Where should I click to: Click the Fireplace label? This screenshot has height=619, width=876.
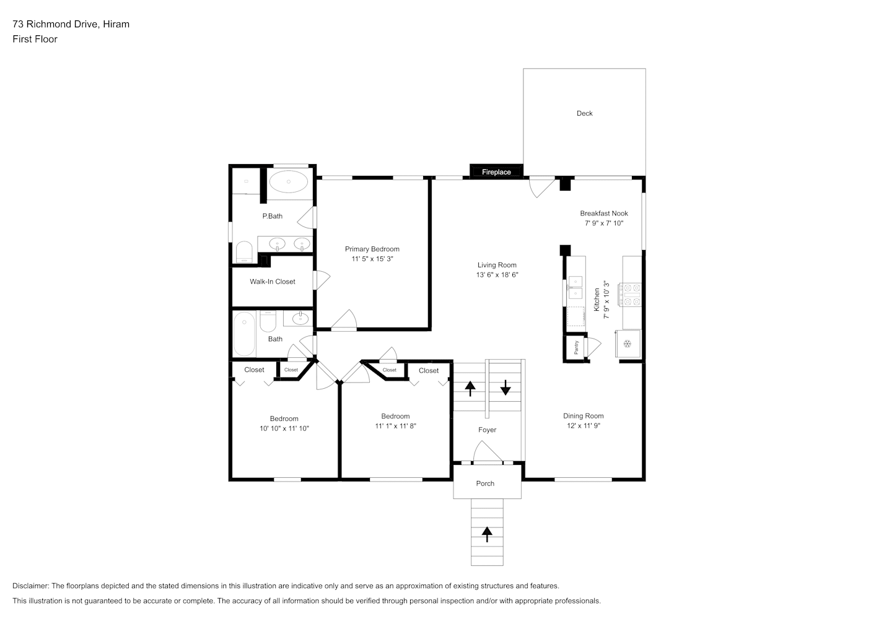496,172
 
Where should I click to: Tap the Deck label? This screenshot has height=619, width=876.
585,113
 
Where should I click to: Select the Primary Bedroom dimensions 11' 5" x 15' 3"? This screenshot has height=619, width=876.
372,259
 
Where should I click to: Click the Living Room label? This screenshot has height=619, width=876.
497,265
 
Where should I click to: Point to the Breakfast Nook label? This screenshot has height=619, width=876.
604,214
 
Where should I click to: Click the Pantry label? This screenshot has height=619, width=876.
576,347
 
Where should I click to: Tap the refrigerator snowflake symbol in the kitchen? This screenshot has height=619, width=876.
628,344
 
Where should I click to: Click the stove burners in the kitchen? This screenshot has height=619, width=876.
629,295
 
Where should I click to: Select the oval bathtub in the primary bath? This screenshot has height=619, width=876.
289,181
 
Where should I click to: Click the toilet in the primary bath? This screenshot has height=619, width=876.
244,252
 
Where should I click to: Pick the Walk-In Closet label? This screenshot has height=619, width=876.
273,282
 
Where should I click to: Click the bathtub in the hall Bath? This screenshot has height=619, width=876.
244,334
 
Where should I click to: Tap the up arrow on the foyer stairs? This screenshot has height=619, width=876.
470,389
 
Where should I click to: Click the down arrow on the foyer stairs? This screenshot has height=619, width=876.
506,387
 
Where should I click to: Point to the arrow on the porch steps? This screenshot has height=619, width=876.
487,535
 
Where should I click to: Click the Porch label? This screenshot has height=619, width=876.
485,483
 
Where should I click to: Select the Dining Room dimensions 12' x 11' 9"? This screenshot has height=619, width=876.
584,426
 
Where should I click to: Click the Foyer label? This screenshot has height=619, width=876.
488,430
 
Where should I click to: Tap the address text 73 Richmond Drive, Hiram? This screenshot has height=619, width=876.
71,24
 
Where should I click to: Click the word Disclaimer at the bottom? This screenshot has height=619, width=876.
30,586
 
